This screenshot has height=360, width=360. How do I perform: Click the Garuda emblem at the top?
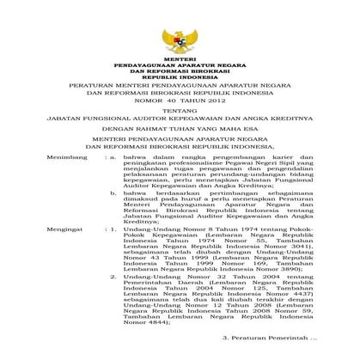(180, 39)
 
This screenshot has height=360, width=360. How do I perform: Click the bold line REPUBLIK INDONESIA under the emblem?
(180, 76)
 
